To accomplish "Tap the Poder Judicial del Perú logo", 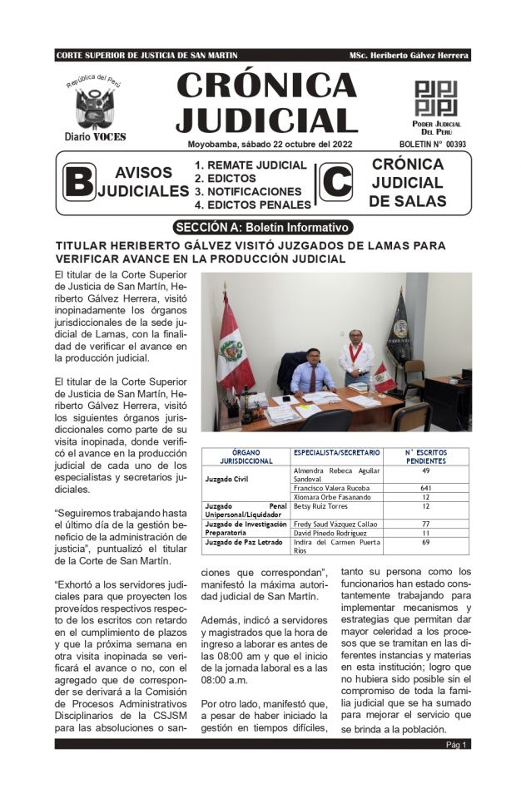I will [x=436, y=97].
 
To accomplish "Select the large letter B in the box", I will [x=79, y=181].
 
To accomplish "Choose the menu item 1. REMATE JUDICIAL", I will [x=251, y=165].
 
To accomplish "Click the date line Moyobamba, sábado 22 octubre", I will [x=264, y=144].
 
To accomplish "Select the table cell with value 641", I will [x=425, y=488].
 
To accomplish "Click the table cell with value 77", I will [x=425, y=525].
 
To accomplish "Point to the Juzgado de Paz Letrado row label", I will [x=240, y=543].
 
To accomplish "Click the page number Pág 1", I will [x=457, y=745].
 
